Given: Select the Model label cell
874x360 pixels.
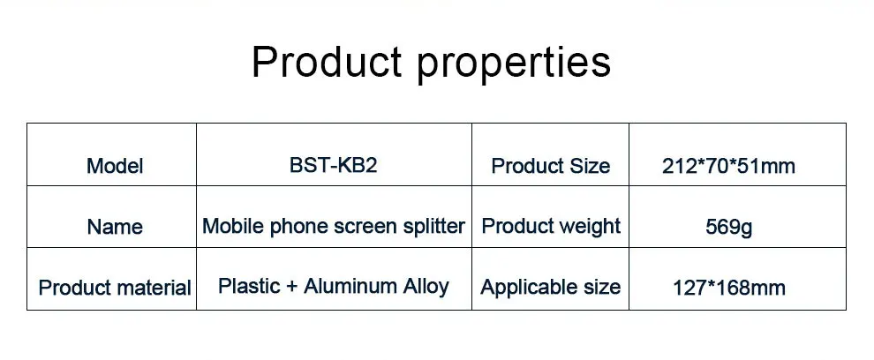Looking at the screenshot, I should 115,166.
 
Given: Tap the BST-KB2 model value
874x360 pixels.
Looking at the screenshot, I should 333,165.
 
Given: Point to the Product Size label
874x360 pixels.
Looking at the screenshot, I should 550,166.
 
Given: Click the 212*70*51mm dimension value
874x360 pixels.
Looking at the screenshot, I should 728,166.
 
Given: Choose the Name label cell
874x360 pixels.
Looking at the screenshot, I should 115,227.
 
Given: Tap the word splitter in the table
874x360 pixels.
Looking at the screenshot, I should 432,227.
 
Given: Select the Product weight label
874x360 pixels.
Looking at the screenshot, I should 551,226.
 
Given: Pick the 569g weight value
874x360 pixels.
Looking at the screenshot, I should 728,228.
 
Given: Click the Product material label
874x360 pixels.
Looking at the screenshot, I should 115,288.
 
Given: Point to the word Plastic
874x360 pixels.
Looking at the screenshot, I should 247,287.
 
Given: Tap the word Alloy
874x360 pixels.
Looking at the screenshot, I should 425,287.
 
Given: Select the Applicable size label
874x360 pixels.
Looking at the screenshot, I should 551,288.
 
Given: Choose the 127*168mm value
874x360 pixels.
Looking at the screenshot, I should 728,288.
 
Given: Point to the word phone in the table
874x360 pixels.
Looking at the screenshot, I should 298,227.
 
